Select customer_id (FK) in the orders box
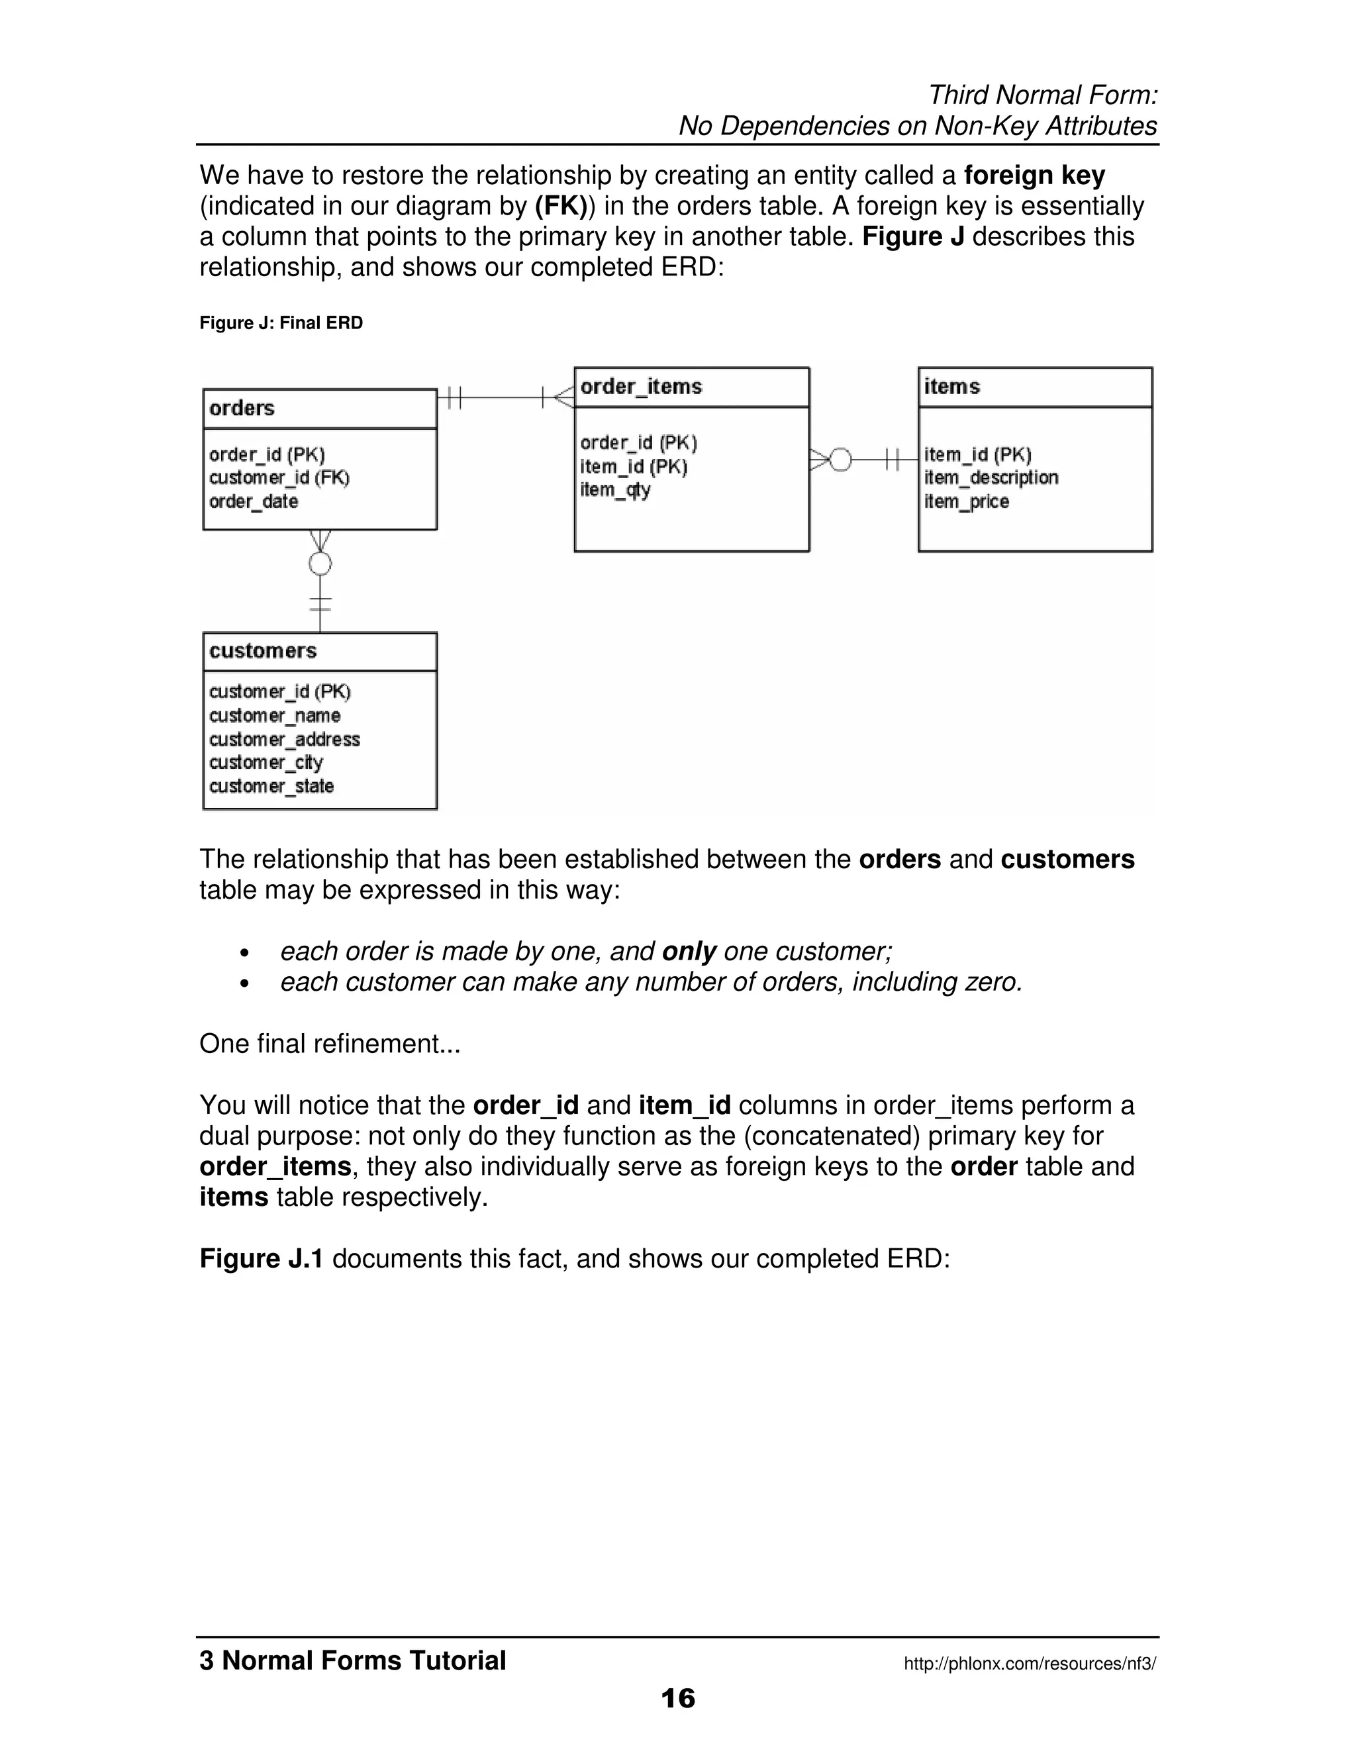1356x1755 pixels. click(x=279, y=478)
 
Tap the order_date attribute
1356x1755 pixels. click(x=253, y=501)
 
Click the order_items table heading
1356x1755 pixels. click(x=640, y=387)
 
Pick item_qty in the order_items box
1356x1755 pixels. click(x=614, y=489)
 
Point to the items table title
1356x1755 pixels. click(x=951, y=387)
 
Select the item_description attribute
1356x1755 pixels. click(x=991, y=478)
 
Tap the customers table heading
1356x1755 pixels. click(x=263, y=651)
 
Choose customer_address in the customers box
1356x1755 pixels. click(x=284, y=739)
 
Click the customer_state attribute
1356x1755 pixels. click(x=271, y=786)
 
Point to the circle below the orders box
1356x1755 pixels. click(x=320, y=564)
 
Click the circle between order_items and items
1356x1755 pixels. click(x=840, y=460)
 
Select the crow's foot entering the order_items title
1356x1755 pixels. click(x=564, y=397)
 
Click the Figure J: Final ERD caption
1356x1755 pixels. click(x=281, y=323)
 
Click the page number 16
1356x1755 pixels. click(x=677, y=1698)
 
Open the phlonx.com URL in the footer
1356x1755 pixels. click(x=1030, y=1664)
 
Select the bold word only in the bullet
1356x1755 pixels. click(x=689, y=952)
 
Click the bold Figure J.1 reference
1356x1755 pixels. click(x=261, y=1258)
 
